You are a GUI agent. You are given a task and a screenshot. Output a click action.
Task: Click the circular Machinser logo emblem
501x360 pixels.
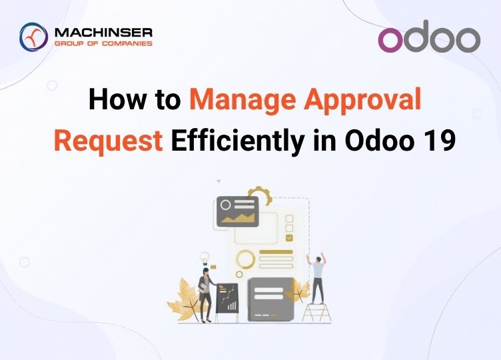tap(33, 37)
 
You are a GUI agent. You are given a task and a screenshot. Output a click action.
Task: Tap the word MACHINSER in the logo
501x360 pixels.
tap(103, 33)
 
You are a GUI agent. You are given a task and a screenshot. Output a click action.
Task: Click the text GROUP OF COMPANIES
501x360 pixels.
tap(103, 43)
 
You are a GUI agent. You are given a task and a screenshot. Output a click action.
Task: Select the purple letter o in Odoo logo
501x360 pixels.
tap(390, 40)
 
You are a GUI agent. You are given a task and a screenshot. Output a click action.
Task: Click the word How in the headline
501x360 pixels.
tap(117, 99)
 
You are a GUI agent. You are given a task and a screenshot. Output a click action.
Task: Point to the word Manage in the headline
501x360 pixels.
tap(243, 101)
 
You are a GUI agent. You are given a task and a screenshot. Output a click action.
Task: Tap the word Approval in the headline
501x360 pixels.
tap(362, 101)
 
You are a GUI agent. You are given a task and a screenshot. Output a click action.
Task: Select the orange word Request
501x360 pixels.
tap(109, 141)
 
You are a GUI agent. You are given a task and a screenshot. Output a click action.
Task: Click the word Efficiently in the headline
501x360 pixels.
tap(237, 141)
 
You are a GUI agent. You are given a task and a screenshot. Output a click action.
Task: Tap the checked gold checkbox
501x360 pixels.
tap(289, 237)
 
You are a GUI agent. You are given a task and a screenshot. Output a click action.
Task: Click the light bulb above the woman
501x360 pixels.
tap(205, 258)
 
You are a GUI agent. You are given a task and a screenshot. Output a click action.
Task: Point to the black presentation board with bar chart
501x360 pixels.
tap(227, 298)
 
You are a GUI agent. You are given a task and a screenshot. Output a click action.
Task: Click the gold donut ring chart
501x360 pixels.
tap(246, 259)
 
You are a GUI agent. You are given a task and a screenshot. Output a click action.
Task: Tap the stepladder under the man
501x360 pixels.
tap(316, 313)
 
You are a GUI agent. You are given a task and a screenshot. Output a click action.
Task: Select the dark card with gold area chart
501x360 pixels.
tap(237, 211)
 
